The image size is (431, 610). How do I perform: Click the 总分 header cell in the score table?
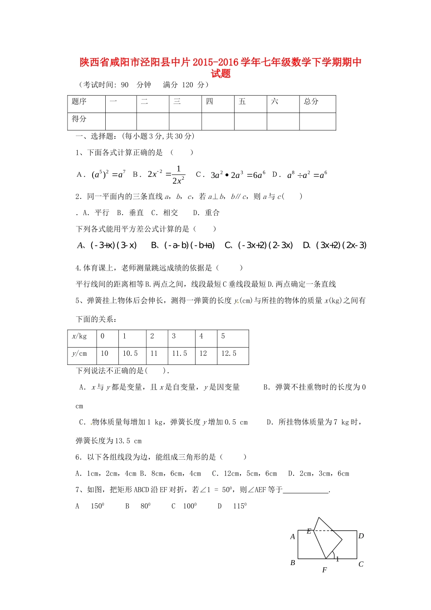click(311, 102)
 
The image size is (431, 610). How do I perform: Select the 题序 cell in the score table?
click(79, 102)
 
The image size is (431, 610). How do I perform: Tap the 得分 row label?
click(79, 119)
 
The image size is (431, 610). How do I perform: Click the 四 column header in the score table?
click(210, 102)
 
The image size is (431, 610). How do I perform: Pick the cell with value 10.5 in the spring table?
click(130, 354)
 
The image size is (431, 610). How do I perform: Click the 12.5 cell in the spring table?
click(229, 354)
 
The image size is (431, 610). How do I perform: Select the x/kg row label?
click(79, 336)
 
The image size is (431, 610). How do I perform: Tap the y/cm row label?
click(79, 354)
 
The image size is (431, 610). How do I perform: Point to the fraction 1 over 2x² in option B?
click(178, 175)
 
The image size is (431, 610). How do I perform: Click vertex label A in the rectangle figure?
click(293, 537)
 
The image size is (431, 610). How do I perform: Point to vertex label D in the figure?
click(361, 536)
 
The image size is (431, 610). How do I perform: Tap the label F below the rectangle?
click(324, 570)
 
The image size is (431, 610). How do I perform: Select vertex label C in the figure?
click(361, 565)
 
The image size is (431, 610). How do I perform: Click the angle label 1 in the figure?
click(338, 559)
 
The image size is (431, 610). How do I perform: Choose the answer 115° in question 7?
click(240, 506)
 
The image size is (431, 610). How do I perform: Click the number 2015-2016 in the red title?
click(215, 63)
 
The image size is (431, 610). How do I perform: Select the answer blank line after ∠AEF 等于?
click(305, 491)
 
